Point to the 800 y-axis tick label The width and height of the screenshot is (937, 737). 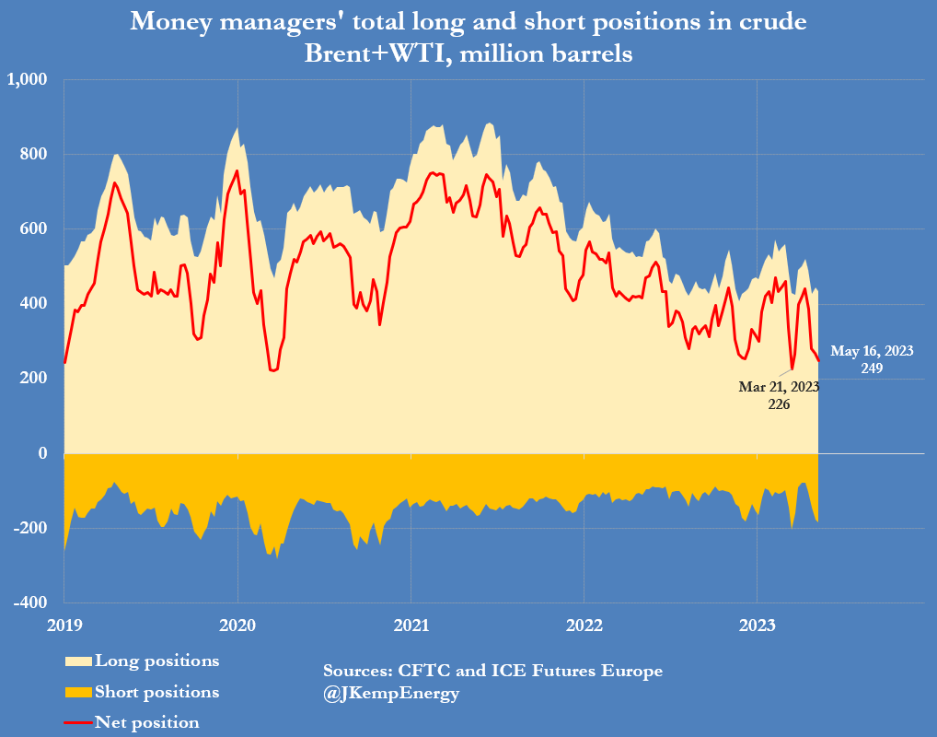(x=34, y=154)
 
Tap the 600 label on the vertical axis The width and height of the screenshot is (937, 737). (x=34, y=228)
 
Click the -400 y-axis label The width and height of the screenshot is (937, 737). (x=30, y=602)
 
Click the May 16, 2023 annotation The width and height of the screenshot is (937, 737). (x=872, y=351)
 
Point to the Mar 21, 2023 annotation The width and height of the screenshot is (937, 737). (x=779, y=387)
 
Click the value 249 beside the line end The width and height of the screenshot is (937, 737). (x=872, y=368)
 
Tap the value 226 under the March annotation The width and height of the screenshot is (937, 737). (x=779, y=404)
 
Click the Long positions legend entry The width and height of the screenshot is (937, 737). (x=156, y=661)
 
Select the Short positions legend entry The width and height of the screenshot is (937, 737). (x=156, y=692)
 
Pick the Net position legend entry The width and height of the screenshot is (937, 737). (x=146, y=722)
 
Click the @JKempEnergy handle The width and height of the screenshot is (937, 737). (x=391, y=693)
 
